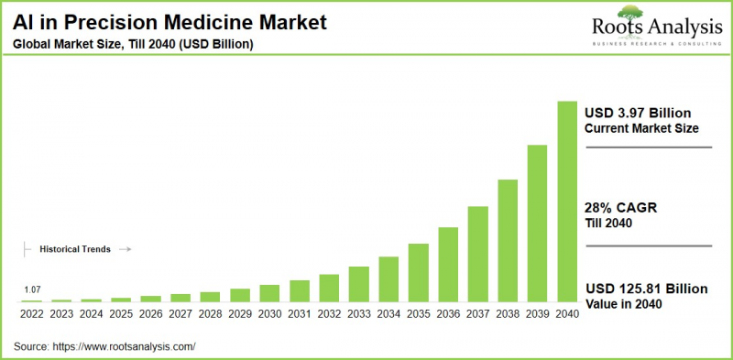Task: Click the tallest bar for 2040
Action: (x=567, y=202)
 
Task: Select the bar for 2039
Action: (x=537, y=224)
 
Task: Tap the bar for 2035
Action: (x=418, y=272)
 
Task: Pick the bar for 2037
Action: (x=477, y=254)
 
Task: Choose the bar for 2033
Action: (x=359, y=284)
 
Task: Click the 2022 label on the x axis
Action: (x=31, y=312)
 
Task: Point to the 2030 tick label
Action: (x=269, y=312)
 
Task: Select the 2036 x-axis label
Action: (x=448, y=312)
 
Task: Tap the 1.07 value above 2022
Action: (x=32, y=289)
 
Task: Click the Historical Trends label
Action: (x=75, y=248)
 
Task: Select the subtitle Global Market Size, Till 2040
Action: (x=134, y=43)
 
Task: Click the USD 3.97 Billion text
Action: (x=638, y=112)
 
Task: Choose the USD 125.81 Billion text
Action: (x=646, y=289)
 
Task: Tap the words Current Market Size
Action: (x=641, y=128)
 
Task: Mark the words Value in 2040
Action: (x=626, y=304)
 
